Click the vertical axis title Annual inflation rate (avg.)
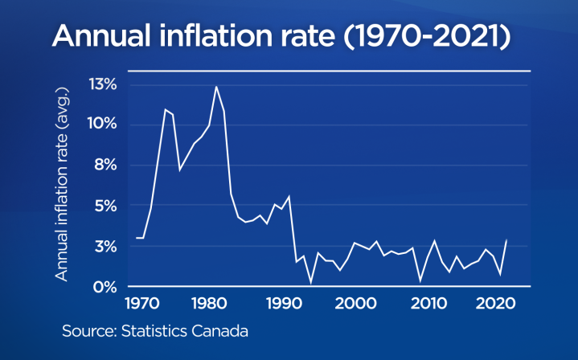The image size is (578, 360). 61,185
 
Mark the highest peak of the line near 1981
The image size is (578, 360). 216,86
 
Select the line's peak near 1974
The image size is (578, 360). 165,109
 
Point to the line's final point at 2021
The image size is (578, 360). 506,239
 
